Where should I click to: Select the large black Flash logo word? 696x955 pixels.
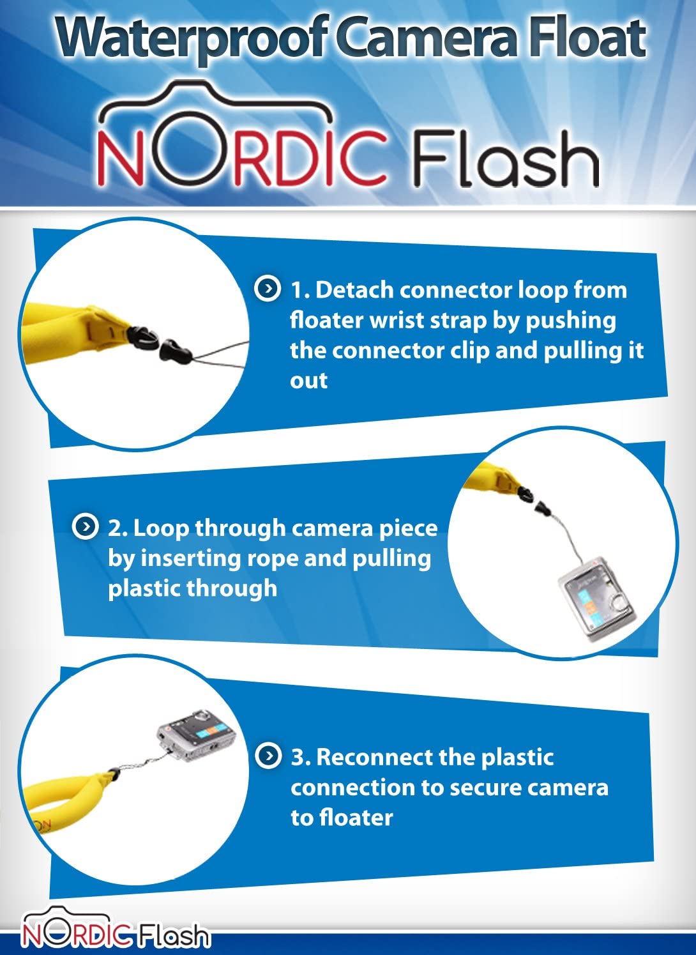tap(505, 158)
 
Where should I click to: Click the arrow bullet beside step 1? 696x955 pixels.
tap(268, 289)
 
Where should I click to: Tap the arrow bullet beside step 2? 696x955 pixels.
tap(85, 526)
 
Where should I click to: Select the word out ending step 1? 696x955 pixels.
tap(309, 380)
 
